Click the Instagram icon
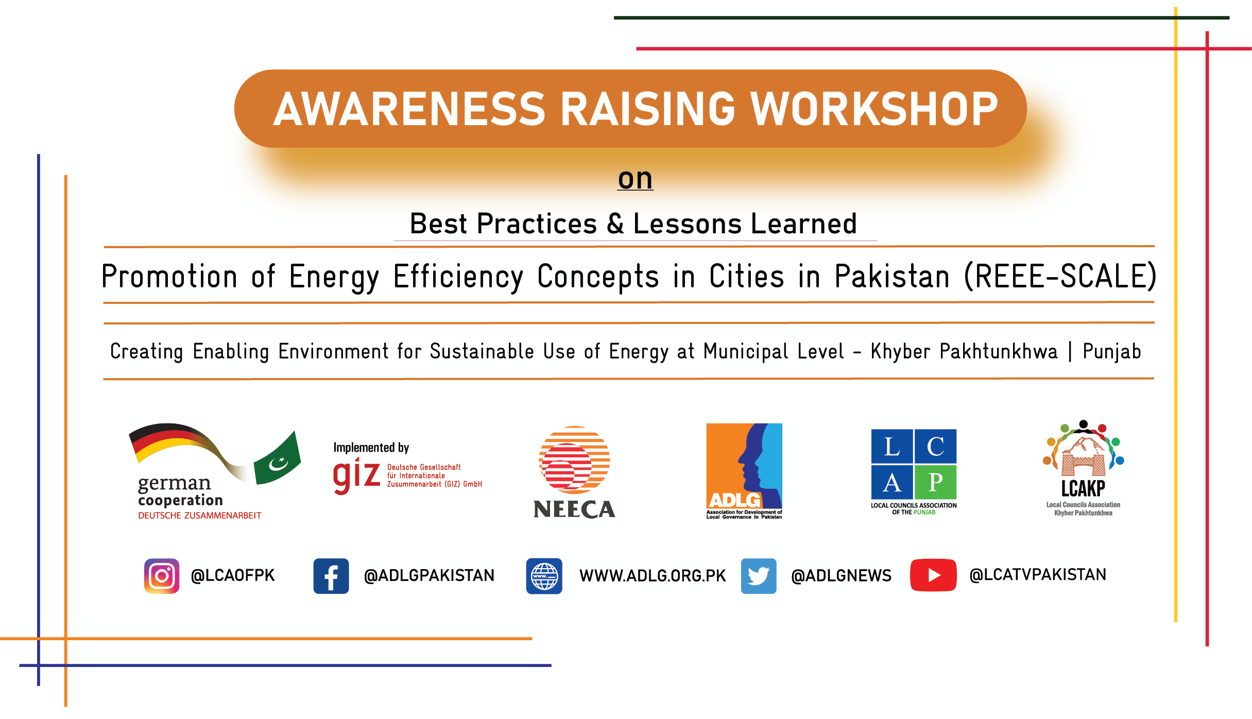coord(162,576)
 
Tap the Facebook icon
coord(331,576)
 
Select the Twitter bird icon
coord(759,576)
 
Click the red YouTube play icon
coord(933,575)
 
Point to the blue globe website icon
coord(544,576)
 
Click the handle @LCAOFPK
coord(233,575)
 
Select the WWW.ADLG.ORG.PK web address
coord(653,576)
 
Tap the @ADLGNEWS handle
coord(841,576)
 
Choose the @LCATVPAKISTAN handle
coord(1038,575)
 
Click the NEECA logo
coord(574,472)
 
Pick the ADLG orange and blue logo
coord(744,471)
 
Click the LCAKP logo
coord(1083,468)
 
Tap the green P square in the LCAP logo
coord(936,482)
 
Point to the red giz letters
coord(356,476)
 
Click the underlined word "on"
coord(636,179)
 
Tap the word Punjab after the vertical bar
coord(1112,352)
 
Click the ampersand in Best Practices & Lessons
coord(615,224)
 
